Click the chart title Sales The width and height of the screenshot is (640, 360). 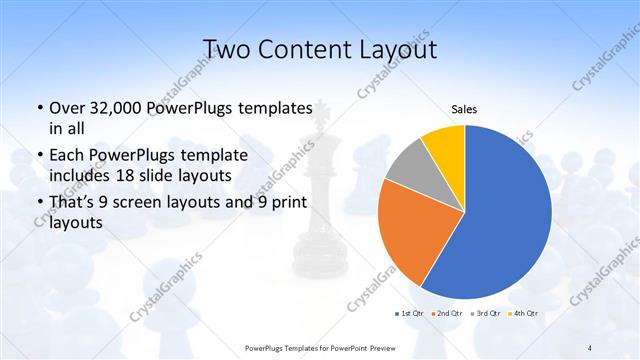pyautogui.click(x=464, y=109)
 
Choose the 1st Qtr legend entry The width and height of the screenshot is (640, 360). pyautogui.click(x=410, y=314)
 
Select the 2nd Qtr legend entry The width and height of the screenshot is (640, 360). pyautogui.click(x=447, y=314)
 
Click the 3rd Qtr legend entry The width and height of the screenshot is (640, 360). pyautogui.click(x=484, y=314)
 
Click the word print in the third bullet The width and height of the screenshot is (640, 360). pyautogui.click(x=286, y=203)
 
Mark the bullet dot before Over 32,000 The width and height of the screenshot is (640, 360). pyautogui.click(x=39, y=108)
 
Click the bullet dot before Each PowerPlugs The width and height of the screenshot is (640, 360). pyautogui.click(x=39, y=156)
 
